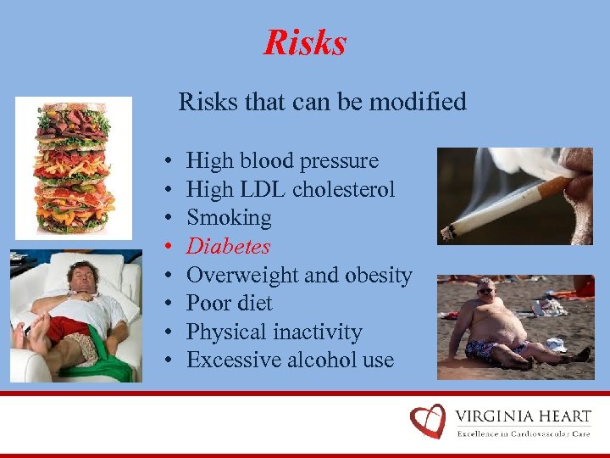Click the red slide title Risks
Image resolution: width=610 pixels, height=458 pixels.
305,42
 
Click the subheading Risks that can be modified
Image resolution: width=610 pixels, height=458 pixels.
322,103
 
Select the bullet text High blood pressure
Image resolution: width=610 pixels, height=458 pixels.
282,160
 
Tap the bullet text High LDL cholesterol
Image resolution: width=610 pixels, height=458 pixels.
291,189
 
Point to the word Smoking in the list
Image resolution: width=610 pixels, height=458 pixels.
229,218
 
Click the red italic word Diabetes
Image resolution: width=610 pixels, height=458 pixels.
228,247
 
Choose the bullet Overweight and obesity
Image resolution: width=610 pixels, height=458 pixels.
299,275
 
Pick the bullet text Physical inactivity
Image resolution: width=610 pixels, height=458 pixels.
274,332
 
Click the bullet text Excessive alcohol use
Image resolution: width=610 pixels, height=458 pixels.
290,360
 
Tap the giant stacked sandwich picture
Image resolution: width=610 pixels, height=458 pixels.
74,167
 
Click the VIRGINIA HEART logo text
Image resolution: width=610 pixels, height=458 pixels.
523,416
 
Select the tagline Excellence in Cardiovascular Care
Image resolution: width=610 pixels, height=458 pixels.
523,433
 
